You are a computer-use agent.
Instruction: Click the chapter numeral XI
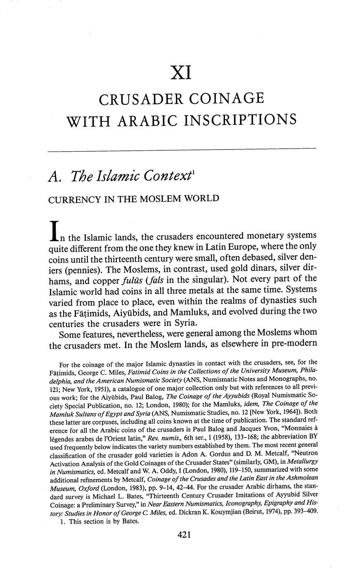(x=181, y=73)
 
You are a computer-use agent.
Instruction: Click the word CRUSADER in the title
(x=136, y=99)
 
